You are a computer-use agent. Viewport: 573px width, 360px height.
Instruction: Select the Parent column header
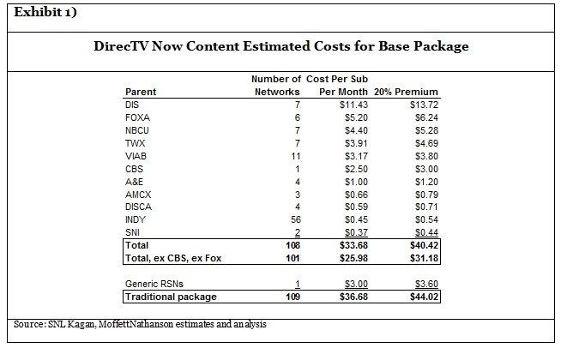point(142,92)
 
